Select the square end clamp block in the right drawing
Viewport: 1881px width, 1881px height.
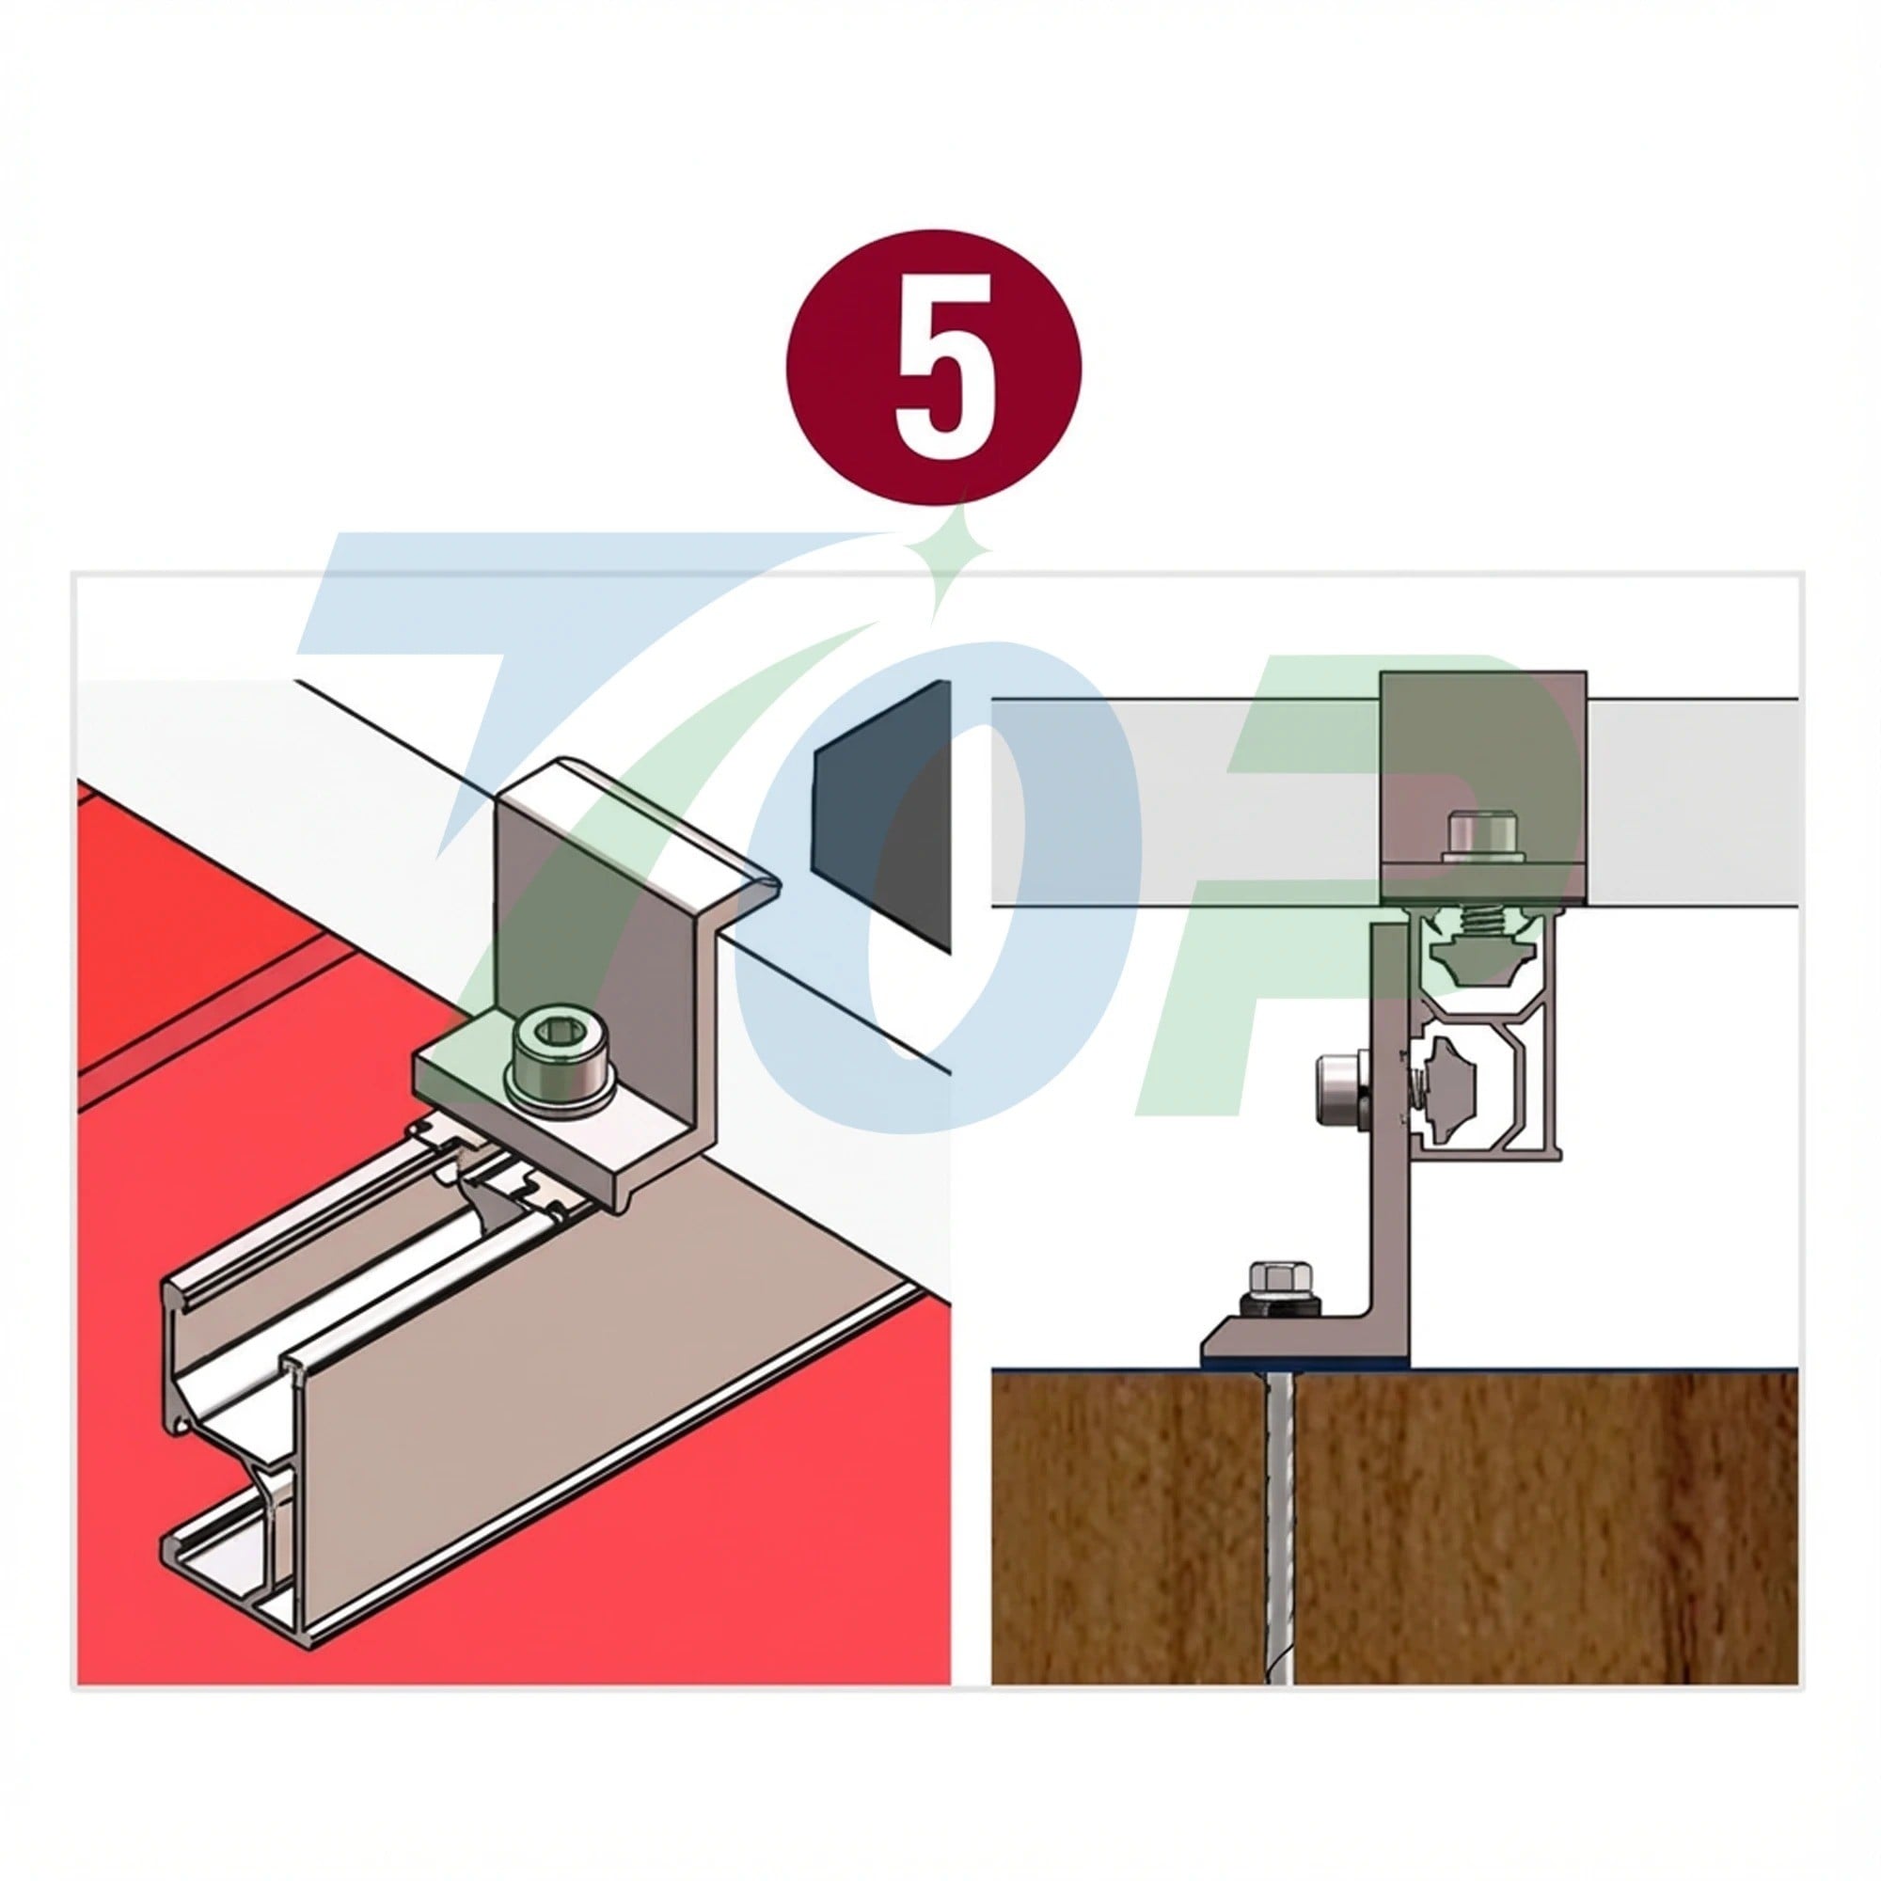[1484, 789]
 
